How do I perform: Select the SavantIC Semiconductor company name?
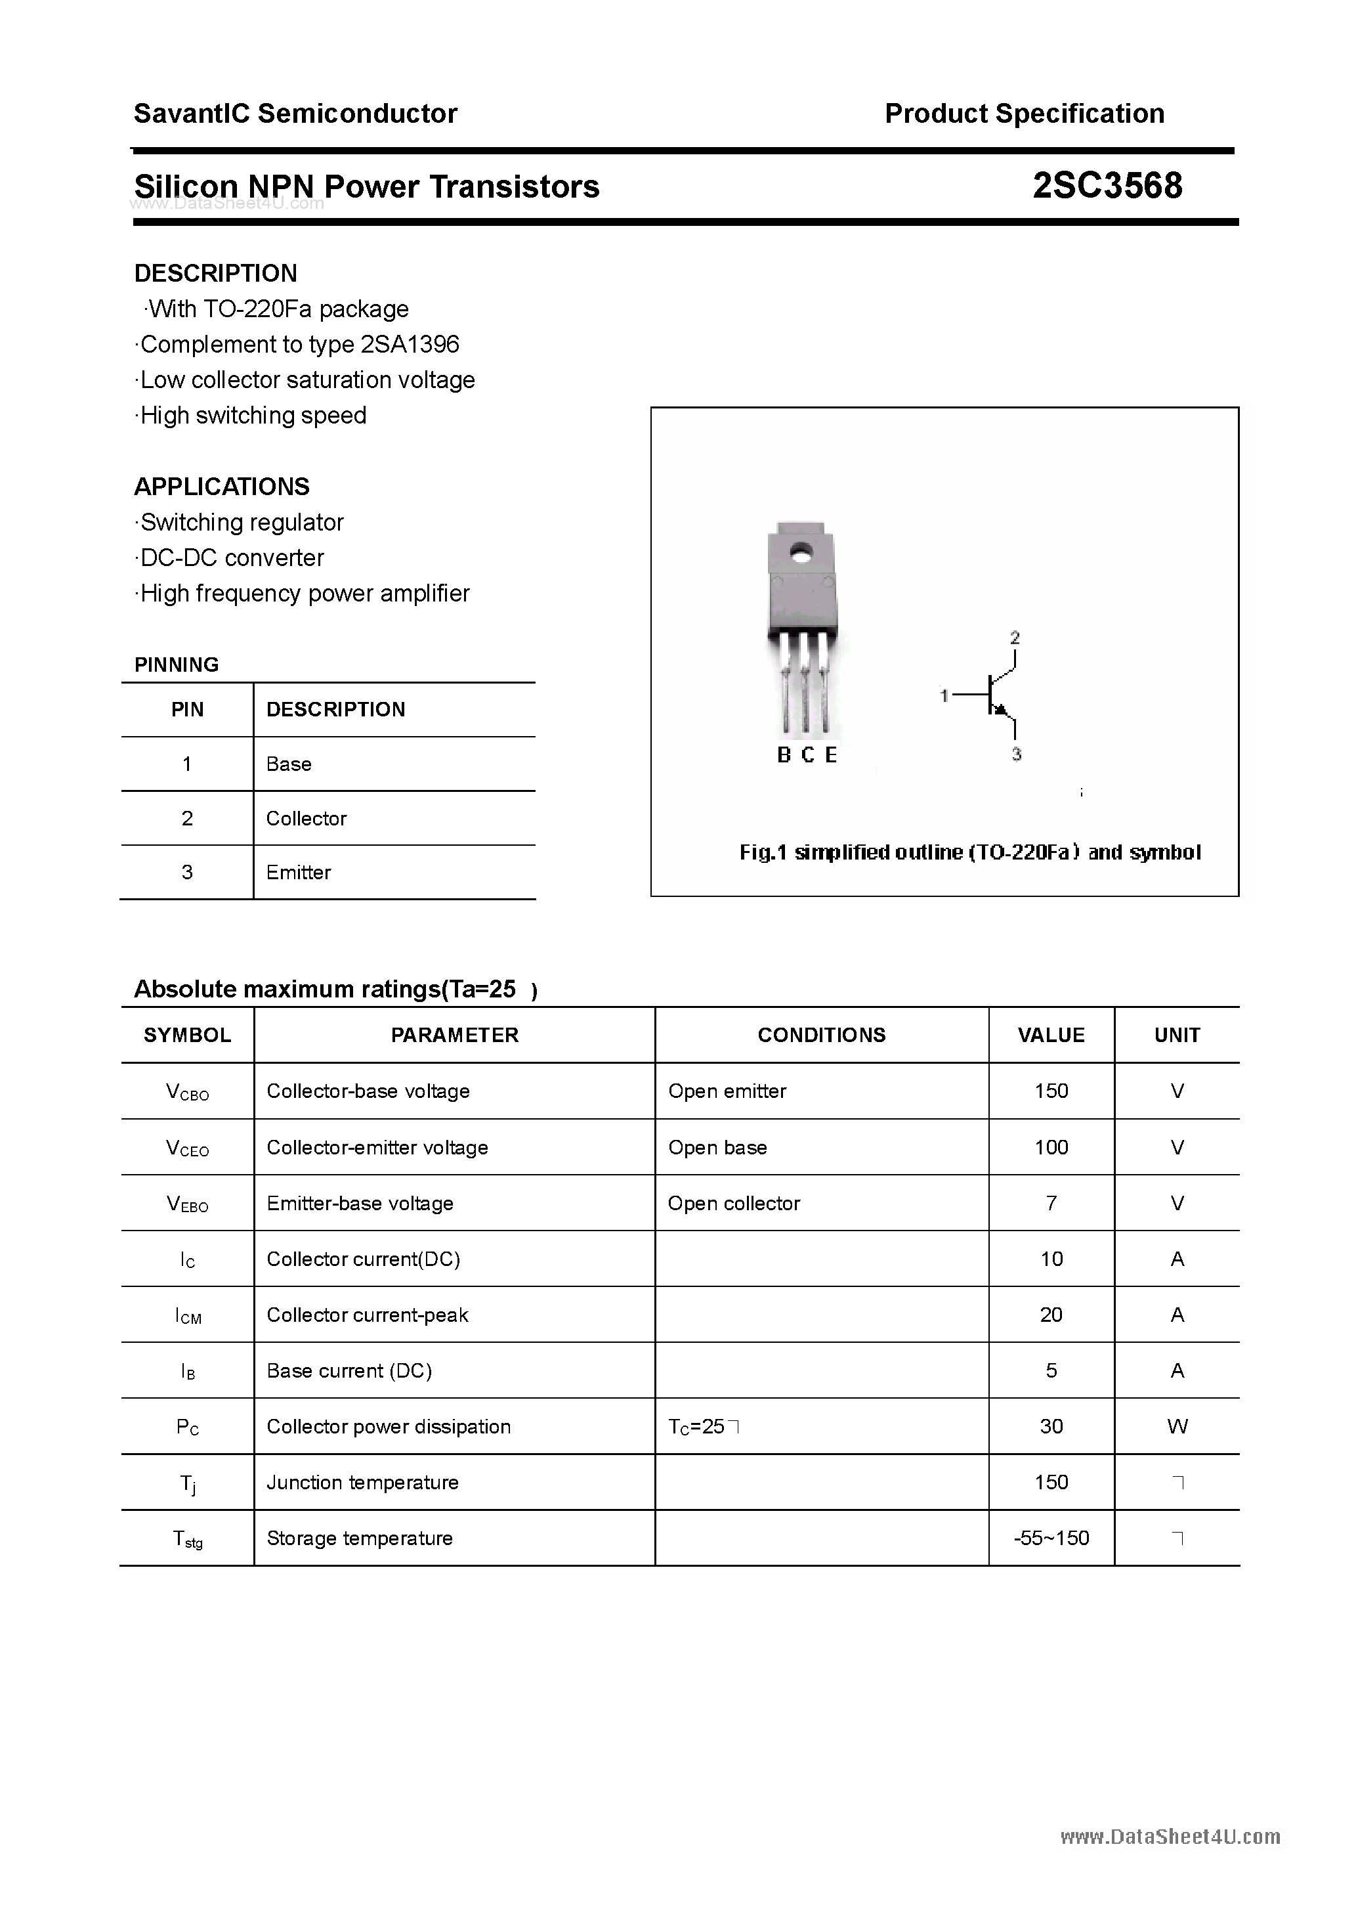(x=295, y=113)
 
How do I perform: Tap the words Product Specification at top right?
(x=1024, y=113)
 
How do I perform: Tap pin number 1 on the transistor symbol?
(x=944, y=695)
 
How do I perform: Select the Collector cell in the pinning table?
(x=306, y=818)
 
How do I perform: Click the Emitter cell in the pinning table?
(x=299, y=872)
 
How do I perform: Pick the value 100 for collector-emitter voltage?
(x=1051, y=1147)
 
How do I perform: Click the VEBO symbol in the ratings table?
(x=187, y=1204)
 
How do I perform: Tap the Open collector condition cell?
(x=734, y=1204)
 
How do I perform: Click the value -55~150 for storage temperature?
(x=1051, y=1538)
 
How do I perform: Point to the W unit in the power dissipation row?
(x=1177, y=1427)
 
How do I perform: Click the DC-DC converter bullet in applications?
(x=232, y=557)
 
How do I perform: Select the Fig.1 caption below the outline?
(x=970, y=852)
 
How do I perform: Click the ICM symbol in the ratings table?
(x=188, y=1315)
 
